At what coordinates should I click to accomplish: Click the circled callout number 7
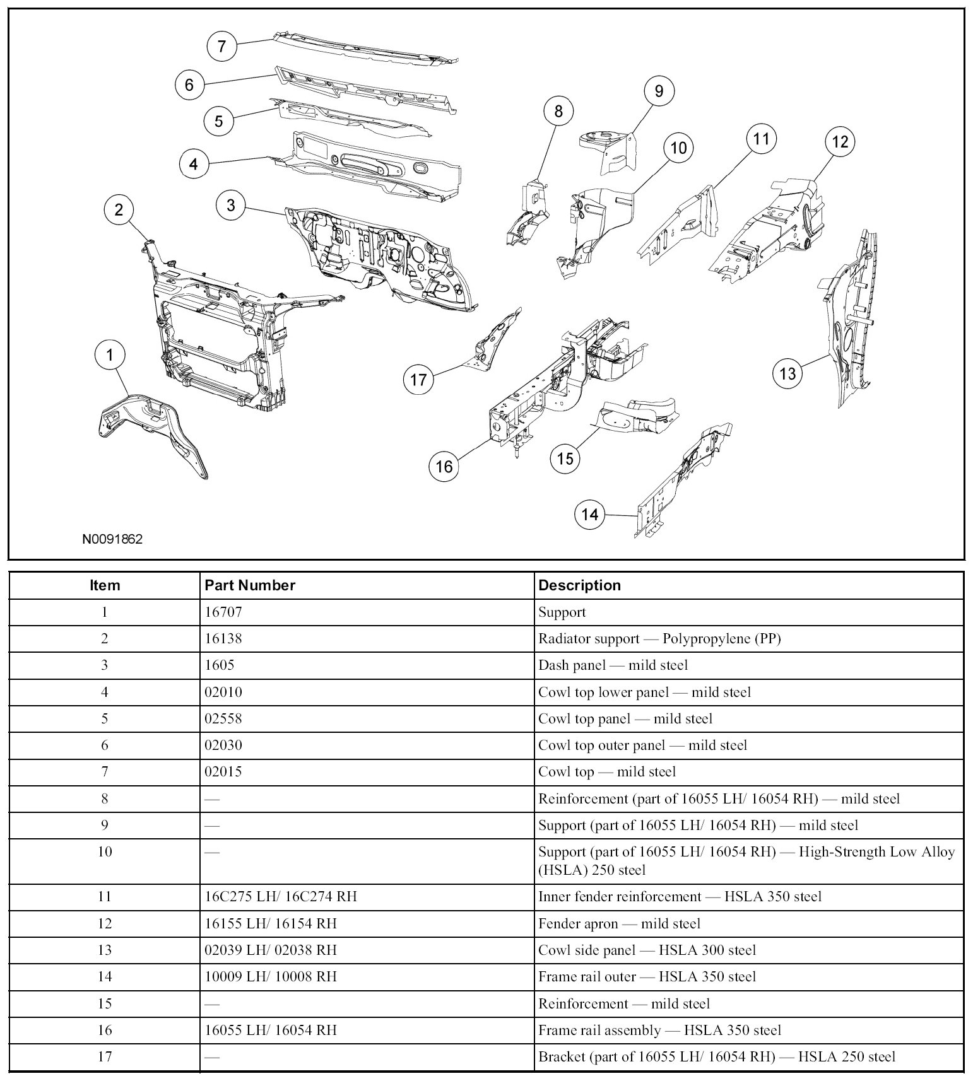(x=221, y=46)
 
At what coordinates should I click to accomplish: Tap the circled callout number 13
(x=787, y=373)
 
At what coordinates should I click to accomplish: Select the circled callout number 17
(x=418, y=379)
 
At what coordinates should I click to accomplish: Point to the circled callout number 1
(x=110, y=355)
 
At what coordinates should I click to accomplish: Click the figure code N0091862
(x=112, y=539)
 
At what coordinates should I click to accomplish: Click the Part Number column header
(x=250, y=585)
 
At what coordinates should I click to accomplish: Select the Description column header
(x=579, y=585)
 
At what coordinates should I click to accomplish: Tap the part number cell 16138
(x=223, y=639)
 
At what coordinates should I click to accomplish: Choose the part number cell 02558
(x=223, y=719)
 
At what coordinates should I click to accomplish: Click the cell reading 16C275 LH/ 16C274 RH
(x=281, y=896)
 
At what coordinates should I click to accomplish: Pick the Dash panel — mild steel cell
(x=613, y=665)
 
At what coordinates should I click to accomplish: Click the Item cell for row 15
(x=104, y=1003)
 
